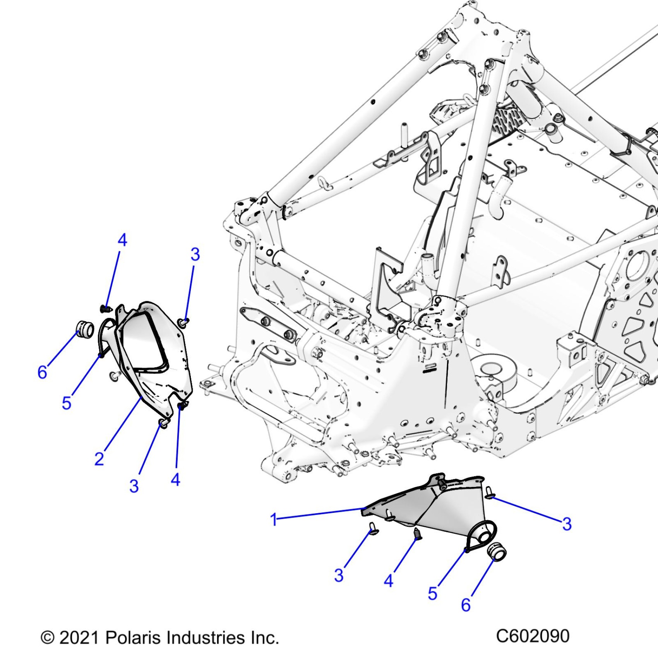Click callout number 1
[274, 519]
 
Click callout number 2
[99, 459]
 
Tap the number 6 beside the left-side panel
[42, 372]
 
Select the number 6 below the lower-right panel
[466, 605]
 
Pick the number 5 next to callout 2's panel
[67, 403]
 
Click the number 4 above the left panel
[122, 240]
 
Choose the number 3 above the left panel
[195, 254]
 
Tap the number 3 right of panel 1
[567, 524]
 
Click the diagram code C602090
[533, 636]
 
